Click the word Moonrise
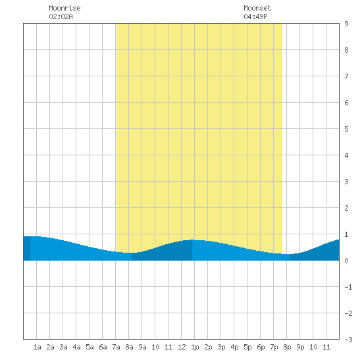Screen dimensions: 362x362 pyautogui.click(x=65, y=8)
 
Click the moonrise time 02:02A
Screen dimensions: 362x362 pyautogui.click(x=61, y=16)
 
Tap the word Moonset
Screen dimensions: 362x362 pyautogui.click(x=257, y=8)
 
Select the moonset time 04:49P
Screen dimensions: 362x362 pyautogui.click(x=255, y=16)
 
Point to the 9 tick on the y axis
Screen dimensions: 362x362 pyautogui.click(x=346, y=24)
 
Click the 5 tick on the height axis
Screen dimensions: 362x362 pyautogui.click(x=346, y=129)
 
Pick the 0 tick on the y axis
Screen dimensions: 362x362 pyautogui.click(x=346, y=261)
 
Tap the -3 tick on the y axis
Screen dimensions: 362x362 pyautogui.click(x=348, y=340)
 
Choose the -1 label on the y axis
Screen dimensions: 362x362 pyautogui.click(x=348, y=287)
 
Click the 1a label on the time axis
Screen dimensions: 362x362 pyautogui.click(x=37, y=347)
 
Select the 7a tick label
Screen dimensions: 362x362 pyautogui.click(x=116, y=347)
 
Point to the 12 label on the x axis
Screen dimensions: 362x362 pyautogui.click(x=182, y=347)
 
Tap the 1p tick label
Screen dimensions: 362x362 pyautogui.click(x=195, y=347)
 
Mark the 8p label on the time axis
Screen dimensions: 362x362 pyautogui.click(x=287, y=347)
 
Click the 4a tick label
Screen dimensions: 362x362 pyautogui.click(x=76, y=347)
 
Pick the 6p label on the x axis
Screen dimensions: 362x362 pyautogui.click(x=261, y=347)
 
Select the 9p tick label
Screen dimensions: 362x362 pyautogui.click(x=300, y=347)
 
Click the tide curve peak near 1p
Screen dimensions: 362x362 pyautogui.click(x=192, y=240)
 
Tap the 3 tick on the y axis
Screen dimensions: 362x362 pyautogui.click(x=346, y=182)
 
